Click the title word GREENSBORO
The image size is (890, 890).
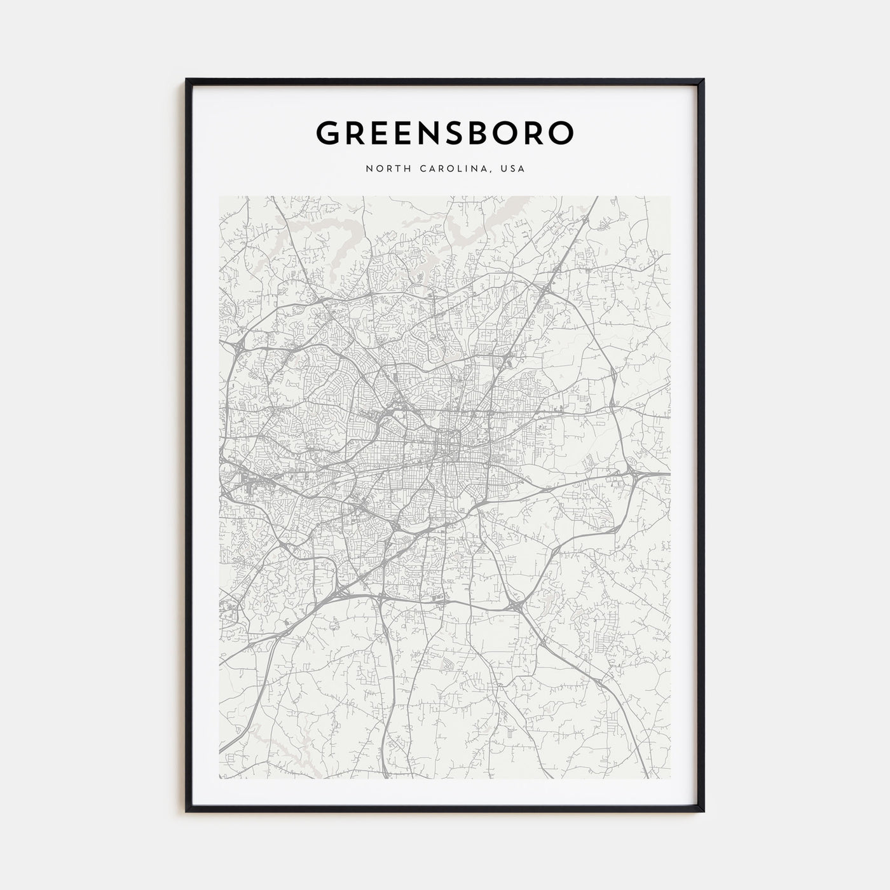click(x=445, y=132)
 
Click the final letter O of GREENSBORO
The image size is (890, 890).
click(x=561, y=132)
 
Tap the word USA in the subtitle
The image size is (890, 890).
click(x=512, y=169)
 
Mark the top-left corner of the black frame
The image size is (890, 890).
click(x=187, y=79)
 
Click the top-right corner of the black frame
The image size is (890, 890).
click(x=703, y=79)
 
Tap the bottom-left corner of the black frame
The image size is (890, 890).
click(x=187, y=811)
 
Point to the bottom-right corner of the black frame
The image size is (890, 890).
click(x=703, y=811)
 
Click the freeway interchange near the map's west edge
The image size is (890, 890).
click(x=238, y=346)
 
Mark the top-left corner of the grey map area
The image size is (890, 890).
click(x=219, y=196)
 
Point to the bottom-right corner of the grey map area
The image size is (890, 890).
click(x=670, y=779)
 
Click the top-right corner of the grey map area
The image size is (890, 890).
click(x=670, y=196)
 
